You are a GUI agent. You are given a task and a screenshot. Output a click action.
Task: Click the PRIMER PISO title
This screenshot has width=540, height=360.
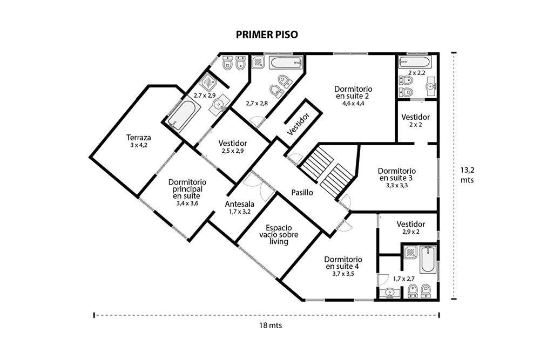coord(267,35)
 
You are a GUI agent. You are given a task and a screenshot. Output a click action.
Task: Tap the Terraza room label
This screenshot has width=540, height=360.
coord(138,138)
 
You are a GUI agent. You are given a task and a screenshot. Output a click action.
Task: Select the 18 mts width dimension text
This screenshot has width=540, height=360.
coord(271,325)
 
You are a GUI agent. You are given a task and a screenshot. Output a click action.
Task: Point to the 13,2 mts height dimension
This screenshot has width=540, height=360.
coord(467,175)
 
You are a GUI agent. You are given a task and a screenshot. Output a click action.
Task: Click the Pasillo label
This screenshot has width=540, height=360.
coord(302,192)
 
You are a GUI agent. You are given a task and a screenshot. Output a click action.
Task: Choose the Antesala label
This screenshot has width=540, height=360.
coord(240,204)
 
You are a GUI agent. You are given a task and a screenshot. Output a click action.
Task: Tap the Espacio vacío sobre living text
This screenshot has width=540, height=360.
coord(279,235)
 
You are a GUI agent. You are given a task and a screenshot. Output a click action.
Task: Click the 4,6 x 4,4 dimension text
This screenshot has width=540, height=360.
coord(353,103)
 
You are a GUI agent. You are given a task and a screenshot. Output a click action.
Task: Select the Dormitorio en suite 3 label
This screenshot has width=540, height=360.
coord(396,174)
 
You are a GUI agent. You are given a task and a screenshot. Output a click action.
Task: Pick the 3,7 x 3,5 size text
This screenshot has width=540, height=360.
coord(343,274)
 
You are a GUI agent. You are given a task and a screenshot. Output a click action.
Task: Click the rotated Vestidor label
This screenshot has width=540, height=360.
coord(299,123)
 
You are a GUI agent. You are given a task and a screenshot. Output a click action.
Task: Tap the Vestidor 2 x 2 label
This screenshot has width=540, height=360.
coord(416,120)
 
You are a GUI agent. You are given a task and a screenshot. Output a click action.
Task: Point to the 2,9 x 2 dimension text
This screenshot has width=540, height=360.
coord(411,232)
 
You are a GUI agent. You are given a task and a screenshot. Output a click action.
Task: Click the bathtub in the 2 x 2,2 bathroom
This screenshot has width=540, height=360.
coord(415,62)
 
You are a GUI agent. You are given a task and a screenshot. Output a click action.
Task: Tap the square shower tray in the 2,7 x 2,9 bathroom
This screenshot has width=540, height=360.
coord(208,82)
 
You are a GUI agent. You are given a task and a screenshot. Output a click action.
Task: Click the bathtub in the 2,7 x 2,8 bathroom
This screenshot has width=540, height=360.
coord(286,63)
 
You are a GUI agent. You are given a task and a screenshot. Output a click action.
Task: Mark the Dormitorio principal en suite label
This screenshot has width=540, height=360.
coord(187,188)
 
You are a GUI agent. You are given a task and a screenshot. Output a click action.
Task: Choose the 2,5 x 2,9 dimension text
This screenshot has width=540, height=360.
coord(233,151)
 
